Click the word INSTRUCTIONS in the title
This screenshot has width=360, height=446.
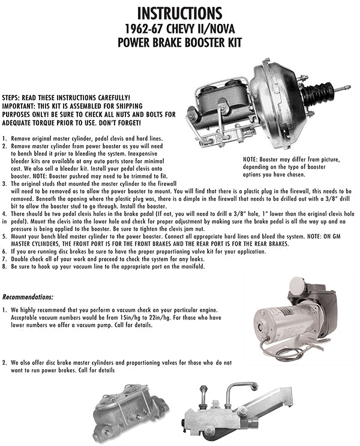tap(179, 13)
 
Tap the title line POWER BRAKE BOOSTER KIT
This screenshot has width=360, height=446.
tap(179, 43)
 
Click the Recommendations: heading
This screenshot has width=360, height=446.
tap(28, 297)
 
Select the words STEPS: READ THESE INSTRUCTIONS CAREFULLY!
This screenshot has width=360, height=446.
tap(66, 97)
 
